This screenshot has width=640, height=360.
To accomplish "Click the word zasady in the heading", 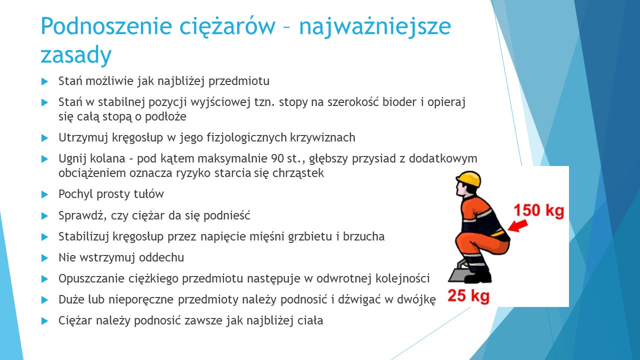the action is pyautogui.click(x=76, y=55).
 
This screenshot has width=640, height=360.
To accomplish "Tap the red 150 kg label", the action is pyautogui.click(x=539, y=210).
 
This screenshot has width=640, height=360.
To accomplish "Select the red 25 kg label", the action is pyautogui.click(x=468, y=295).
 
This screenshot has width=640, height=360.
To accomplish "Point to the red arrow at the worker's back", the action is pyautogui.click(x=517, y=225).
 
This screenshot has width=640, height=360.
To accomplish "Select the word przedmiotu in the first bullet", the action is pyautogui.click(x=239, y=81).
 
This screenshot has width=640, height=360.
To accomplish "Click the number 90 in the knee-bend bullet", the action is pyautogui.click(x=277, y=158).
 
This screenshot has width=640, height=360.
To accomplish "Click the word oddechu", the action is pyautogui.click(x=161, y=257).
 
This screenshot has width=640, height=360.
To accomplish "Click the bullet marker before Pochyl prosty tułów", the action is pyautogui.click(x=44, y=194).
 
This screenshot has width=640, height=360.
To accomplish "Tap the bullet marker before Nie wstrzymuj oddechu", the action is pyautogui.click(x=44, y=258).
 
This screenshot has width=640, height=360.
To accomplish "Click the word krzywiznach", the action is pyautogui.click(x=322, y=137).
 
